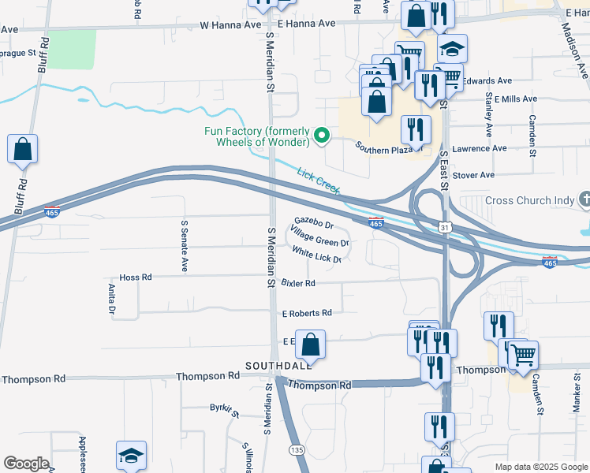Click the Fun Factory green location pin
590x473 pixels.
point(322,136)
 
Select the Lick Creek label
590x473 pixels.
point(319,181)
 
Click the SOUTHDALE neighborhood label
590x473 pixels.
point(278,366)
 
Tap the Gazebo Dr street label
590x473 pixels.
point(315,225)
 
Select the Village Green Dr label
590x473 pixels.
point(319,236)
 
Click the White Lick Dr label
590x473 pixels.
point(316,255)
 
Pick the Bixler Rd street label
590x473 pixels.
point(298,283)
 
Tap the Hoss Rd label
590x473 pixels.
point(135,277)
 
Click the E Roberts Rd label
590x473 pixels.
point(307,313)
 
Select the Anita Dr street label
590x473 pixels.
point(111,300)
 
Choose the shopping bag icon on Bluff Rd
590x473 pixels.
point(23,148)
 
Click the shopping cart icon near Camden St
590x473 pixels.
point(522,356)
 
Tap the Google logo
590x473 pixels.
point(26,464)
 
